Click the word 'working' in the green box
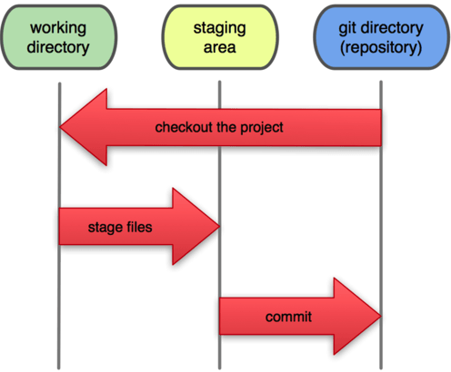pos(58,28)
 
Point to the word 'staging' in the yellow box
pos(219,28)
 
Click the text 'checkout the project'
pos(219,127)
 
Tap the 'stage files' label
pos(120,227)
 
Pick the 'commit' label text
pos(288,318)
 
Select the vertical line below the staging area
pos(219,181)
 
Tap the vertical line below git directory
pos(380,227)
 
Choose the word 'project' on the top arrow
pos(264,127)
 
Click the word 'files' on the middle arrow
pos(136,227)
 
